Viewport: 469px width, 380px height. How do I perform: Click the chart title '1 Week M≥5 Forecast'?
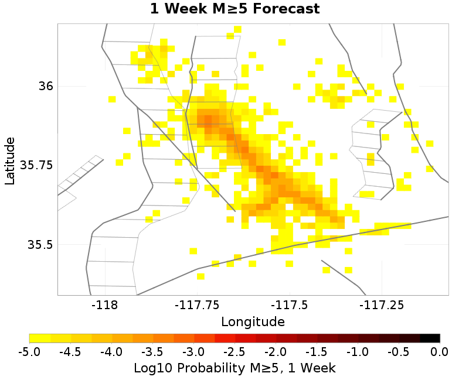click(x=235, y=9)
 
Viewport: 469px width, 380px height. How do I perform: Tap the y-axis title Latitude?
click(x=10, y=160)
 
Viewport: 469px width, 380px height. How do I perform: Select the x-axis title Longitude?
click(x=253, y=321)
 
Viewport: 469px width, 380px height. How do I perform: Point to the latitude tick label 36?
click(x=46, y=86)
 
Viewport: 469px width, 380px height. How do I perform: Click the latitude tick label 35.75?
click(x=37, y=165)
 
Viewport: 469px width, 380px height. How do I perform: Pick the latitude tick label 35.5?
click(x=40, y=244)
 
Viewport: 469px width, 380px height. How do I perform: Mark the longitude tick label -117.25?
click(x=381, y=304)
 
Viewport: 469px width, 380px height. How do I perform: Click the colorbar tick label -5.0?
click(x=29, y=351)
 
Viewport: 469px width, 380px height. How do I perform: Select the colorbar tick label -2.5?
click(x=235, y=351)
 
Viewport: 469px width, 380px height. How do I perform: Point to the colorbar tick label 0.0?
click(x=439, y=351)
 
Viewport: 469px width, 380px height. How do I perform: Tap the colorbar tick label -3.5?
click(x=152, y=351)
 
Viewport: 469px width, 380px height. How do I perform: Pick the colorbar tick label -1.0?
click(x=358, y=351)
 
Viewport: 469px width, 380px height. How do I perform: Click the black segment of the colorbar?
click(x=430, y=338)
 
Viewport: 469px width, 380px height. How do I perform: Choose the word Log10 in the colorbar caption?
click(x=150, y=368)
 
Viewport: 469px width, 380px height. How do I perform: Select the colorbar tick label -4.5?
click(x=70, y=351)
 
